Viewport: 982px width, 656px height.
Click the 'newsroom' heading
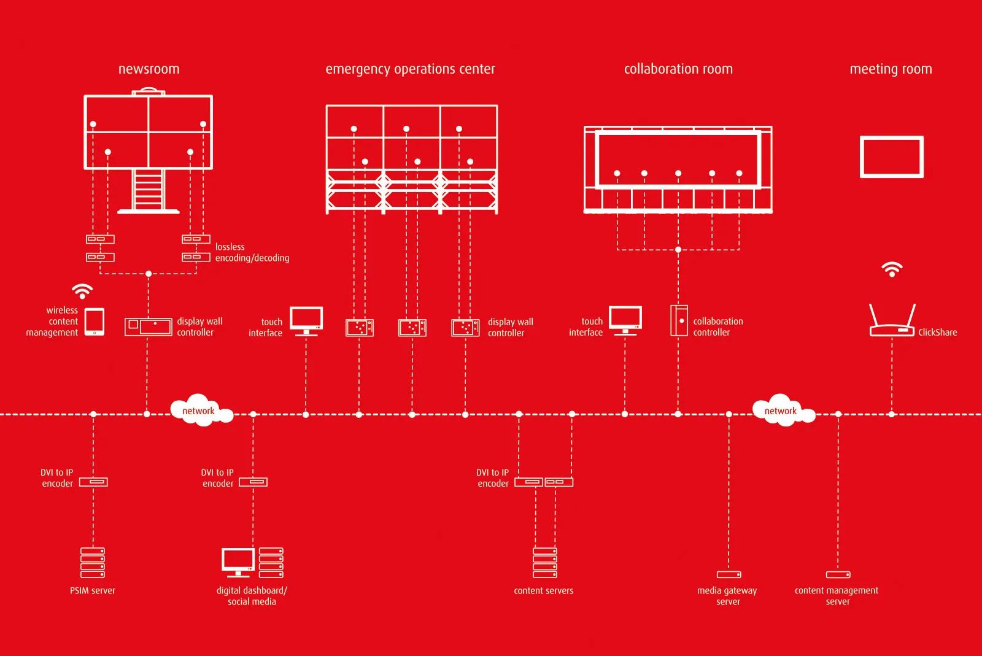coord(149,69)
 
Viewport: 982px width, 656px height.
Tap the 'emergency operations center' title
coord(410,69)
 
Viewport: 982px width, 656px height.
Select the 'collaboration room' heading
coord(678,69)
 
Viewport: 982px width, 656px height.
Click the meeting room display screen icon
coord(891,157)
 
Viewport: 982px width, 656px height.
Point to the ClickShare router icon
coord(892,323)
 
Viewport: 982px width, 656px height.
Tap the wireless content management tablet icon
coord(94,322)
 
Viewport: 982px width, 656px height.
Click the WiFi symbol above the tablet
coord(82,291)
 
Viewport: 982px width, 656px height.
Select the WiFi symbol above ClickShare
coord(892,269)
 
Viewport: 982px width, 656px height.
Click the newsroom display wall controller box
coord(148,326)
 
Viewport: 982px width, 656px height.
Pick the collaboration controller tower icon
coord(679,320)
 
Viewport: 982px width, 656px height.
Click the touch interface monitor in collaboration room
coord(625,320)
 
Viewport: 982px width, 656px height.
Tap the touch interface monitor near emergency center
coord(306,321)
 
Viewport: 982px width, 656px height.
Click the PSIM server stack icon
coord(93,563)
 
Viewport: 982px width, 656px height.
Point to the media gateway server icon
coord(729,575)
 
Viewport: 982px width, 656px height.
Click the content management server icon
coord(838,575)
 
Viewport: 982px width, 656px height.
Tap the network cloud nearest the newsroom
coord(200,410)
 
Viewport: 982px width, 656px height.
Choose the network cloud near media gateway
coord(782,410)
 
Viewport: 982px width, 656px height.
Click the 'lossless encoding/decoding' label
coord(252,252)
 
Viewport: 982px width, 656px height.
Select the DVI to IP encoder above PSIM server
coord(93,482)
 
